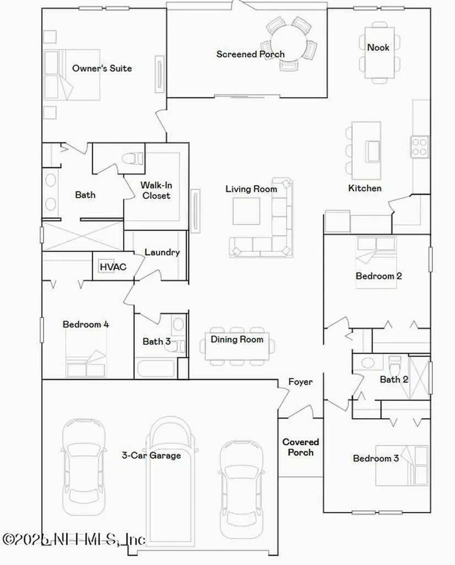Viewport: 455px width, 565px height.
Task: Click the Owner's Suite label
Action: pyautogui.click(x=102, y=68)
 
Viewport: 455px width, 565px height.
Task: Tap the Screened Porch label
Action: pyautogui.click(x=250, y=54)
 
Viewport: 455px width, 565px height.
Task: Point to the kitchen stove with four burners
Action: pyautogui.click(x=420, y=147)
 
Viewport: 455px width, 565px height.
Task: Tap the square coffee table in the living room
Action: pyautogui.click(x=246, y=211)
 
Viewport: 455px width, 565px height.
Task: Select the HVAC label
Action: pyautogui.click(x=113, y=267)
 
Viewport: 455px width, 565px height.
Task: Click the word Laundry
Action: pyautogui.click(x=162, y=253)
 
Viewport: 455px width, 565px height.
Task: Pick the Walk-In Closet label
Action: pyautogui.click(x=156, y=190)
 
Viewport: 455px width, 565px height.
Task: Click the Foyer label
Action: pyautogui.click(x=300, y=382)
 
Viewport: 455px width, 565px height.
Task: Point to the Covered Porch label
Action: pyautogui.click(x=301, y=447)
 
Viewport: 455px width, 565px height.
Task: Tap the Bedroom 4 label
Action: pyautogui.click(x=85, y=324)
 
